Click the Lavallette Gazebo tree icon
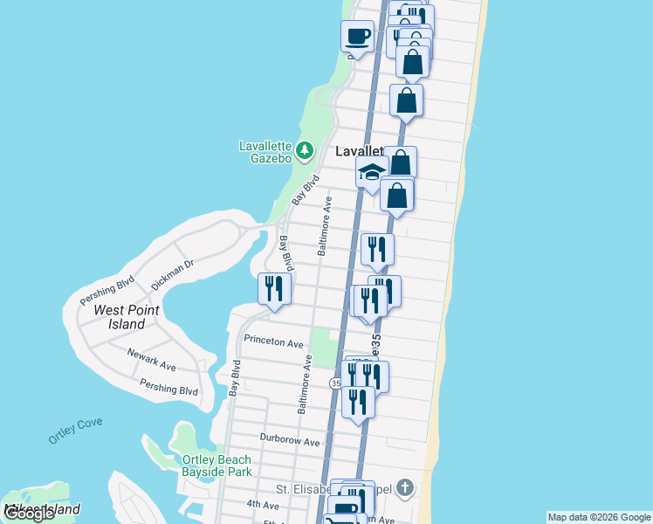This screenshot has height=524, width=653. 304,151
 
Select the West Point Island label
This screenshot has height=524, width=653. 120,317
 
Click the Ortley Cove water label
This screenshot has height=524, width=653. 75,430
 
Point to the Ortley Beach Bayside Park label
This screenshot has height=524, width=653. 217,465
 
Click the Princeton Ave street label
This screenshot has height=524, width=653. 273,341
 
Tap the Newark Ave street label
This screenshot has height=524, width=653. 151,361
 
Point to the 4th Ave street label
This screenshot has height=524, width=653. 262,505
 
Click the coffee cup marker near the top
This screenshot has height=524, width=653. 358,37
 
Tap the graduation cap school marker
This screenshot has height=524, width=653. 371,171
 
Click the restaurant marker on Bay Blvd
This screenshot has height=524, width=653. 274,289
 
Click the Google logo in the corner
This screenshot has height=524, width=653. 30,514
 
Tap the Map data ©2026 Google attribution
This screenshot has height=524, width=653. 599,517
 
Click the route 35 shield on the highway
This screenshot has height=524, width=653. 336,383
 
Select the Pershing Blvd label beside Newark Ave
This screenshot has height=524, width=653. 168,387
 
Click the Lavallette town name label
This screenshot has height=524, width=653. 359,152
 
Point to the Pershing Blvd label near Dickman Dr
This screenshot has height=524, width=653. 107,291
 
